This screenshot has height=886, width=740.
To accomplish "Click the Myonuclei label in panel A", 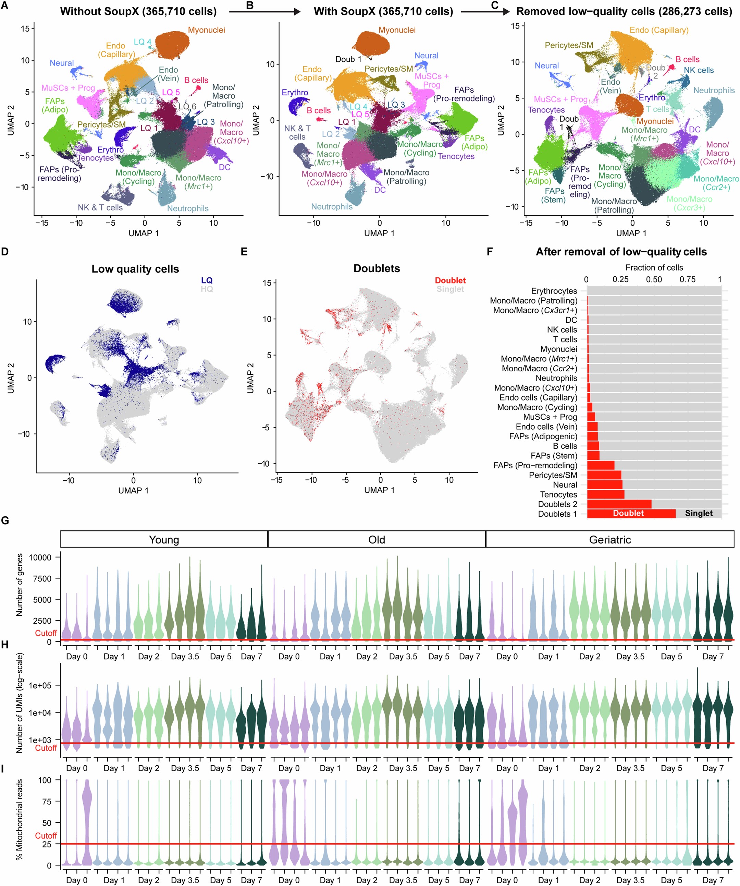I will (x=206, y=30).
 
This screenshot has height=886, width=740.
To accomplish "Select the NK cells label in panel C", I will (x=699, y=70).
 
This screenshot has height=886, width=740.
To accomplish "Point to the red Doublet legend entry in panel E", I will (x=450, y=280).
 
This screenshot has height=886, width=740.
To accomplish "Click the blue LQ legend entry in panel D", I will (x=207, y=280).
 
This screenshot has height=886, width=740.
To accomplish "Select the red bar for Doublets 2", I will (x=619, y=504).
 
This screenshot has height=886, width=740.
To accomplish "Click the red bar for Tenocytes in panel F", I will (x=605, y=494).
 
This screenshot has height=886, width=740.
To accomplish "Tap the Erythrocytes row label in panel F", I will (x=554, y=291).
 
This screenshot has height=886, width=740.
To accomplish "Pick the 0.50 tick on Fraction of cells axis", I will (x=654, y=279).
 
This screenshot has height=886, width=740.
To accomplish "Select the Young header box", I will (x=164, y=540).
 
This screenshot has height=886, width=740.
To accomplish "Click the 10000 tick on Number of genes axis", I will (x=40, y=557).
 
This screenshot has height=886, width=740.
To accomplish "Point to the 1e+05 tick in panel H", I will (x=40, y=686).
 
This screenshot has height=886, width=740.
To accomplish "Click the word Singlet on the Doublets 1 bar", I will (x=699, y=513).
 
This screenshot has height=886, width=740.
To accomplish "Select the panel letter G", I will (x=5, y=520).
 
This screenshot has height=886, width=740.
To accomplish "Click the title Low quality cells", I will (x=135, y=269).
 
